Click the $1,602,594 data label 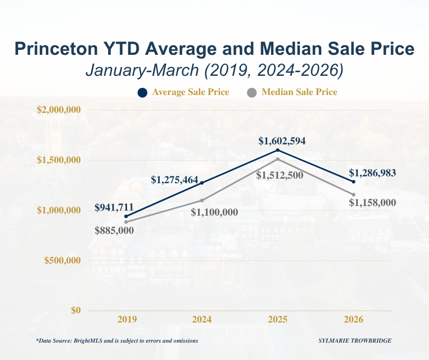point(282,141)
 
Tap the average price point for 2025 point(278,150)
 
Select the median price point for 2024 point(202,200)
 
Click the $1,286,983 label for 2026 point(372,173)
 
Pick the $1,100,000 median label point(214,212)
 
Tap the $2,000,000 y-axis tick point(58,110)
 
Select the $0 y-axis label point(76,310)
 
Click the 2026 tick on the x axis point(354,319)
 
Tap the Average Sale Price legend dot point(142,93)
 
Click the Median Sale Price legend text point(299,92)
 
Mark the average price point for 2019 point(126,216)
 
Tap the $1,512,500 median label point(279,175)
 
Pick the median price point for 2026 point(354,195)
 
